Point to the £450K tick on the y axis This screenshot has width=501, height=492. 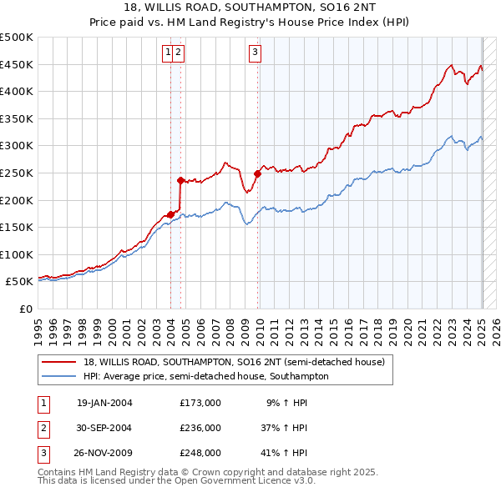(17, 64)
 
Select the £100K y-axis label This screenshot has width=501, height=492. (17, 254)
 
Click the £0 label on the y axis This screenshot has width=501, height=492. (26, 309)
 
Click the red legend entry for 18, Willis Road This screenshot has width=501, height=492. (234, 362)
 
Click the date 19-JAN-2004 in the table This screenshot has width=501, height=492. (104, 403)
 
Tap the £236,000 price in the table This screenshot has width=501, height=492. (200, 428)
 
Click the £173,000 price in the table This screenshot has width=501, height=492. (200, 403)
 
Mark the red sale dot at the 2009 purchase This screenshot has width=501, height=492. (257, 173)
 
